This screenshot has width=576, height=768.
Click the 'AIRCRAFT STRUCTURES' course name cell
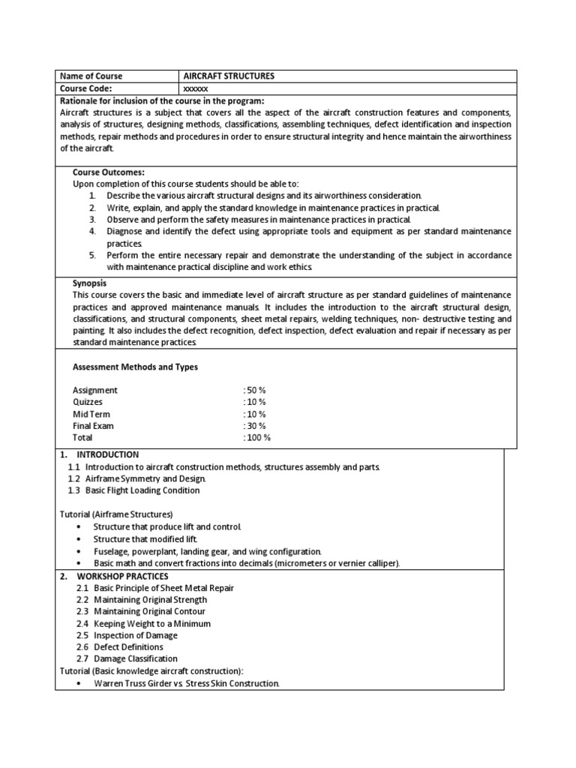(229, 76)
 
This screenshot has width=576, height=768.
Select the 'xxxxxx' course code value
(196, 88)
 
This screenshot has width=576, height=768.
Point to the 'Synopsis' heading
(89, 283)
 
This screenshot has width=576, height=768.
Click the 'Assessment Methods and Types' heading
(135, 367)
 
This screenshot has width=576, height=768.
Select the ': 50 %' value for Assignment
(255, 390)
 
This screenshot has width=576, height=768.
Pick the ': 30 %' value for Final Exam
(255, 426)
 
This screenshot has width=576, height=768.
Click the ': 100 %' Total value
(257, 437)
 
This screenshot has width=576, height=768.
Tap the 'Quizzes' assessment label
(88, 402)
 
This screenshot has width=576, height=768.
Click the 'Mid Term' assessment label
(91, 414)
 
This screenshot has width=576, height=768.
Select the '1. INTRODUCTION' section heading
(99, 454)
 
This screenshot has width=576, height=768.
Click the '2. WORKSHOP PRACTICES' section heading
(115, 576)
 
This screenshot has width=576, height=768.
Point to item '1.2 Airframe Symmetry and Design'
(136, 478)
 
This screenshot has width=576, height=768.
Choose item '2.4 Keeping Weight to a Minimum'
(143, 623)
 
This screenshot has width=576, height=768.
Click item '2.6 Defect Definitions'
(119, 646)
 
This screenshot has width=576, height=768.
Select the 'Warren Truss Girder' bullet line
(186, 683)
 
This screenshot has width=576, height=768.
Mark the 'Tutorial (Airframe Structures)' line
(116, 514)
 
